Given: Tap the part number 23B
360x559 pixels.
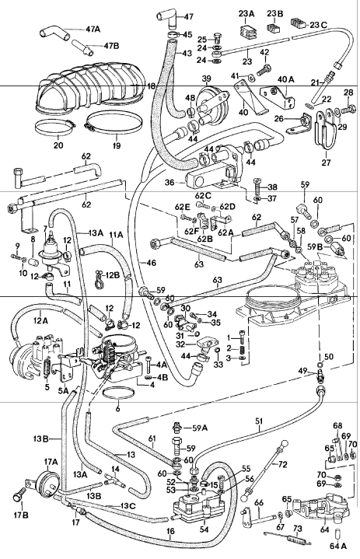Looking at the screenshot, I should pos(277,12).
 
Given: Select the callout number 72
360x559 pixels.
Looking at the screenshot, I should pos(282,464).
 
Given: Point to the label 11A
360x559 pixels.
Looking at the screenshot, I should pos(117,232).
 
